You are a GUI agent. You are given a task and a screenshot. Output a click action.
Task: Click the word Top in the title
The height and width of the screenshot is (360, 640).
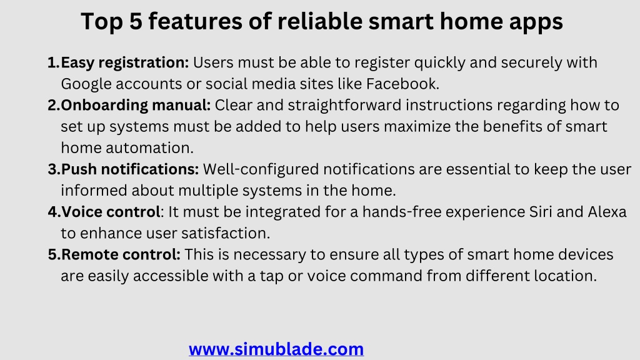pyautogui.click(x=102, y=22)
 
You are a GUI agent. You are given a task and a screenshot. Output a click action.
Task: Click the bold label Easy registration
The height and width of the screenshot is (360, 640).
pyautogui.click(x=125, y=63)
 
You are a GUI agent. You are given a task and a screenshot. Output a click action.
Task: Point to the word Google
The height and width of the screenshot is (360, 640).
pyautogui.click(x=86, y=84)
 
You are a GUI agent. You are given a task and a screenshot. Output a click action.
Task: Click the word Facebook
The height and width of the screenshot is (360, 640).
pyautogui.click(x=402, y=84)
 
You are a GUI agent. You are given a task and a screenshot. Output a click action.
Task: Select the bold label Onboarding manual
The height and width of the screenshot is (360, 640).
pyautogui.click(x=136, y=105)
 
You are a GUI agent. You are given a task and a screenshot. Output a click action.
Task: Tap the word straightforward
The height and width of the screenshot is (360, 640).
pyautogui.click(x=344, y=105)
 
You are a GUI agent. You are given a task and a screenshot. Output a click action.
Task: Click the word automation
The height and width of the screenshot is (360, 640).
pyautogui.click(x=149, y=147)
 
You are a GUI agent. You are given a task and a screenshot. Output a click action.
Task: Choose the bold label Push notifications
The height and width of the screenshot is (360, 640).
pyautogui.click(x=130, y=169)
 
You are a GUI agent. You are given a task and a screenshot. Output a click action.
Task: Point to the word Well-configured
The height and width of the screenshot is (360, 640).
pyautogui.click(x=261, y=169)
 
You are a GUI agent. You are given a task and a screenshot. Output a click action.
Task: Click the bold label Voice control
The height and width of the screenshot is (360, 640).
pyautogui.click(x=110, y=212)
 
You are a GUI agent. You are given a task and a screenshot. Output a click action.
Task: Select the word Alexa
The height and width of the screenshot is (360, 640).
pyautogui.click(x=607, y=212)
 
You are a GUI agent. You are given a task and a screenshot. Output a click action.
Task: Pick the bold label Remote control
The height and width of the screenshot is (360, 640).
pyautogui.click(x=121, y=255)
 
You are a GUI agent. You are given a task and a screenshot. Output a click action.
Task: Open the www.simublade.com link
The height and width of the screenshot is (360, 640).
pyautogui.click(x=276, y=349)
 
